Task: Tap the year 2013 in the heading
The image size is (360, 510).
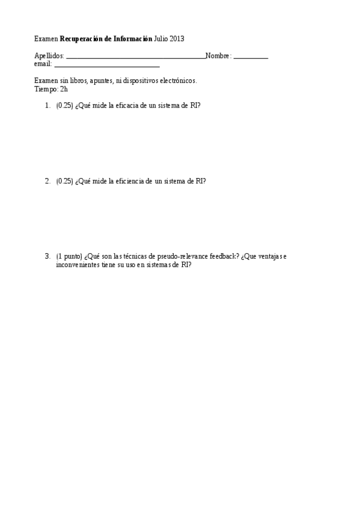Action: point(177,39)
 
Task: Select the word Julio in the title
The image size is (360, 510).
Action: point(160,39)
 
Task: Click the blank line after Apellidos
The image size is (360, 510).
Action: point(135,58)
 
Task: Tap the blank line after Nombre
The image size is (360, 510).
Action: point(251,58)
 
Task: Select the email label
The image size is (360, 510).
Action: point(43,64)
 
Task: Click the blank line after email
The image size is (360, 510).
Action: point(106,66)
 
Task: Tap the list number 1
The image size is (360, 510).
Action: point(47,105)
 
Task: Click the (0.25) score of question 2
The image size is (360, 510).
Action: point(64,180)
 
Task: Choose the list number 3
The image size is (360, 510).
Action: point(47,256)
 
